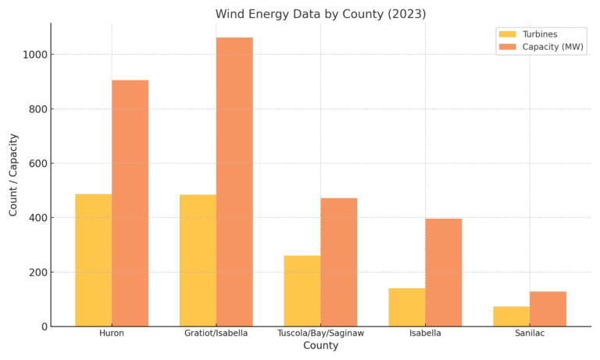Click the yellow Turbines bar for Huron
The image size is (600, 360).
[x=93, y=260]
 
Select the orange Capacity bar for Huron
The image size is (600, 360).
[x=130, y=203]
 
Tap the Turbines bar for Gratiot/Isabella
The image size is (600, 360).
[x=198, y=260]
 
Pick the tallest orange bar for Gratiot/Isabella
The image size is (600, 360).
[x=234, y=182]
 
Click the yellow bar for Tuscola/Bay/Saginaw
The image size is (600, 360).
[x=302, y=290]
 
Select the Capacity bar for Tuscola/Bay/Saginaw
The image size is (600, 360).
[x=338, y=262]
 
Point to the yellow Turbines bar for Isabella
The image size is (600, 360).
[x=406, y=307]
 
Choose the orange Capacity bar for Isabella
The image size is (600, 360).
[x=443, y=272]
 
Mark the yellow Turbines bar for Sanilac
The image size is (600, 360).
[x=511, y=316]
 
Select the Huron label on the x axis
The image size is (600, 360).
[x=112, y=333]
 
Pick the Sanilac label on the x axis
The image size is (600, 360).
[x=529, y=333]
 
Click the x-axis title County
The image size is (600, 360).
[x=320, y=346]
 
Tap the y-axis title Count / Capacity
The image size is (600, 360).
[x=13, y=174]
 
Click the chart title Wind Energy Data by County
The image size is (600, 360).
[x=320, y=14]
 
